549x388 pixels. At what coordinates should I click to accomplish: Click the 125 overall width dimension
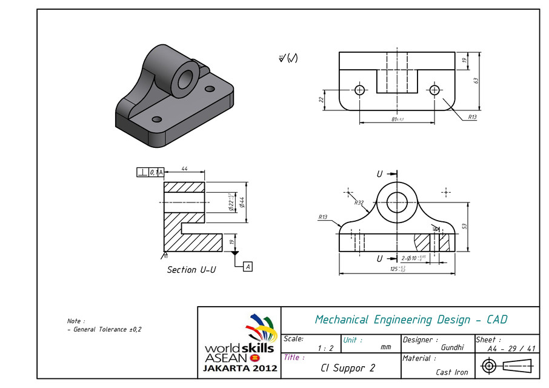397,269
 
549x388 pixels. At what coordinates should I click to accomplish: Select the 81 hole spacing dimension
397,119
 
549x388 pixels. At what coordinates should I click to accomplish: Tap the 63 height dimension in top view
476,80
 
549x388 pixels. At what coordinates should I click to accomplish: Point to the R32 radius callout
359,203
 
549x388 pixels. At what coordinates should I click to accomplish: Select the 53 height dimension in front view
465,226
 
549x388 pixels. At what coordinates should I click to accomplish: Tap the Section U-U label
191,270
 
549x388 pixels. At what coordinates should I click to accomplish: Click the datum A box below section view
248,266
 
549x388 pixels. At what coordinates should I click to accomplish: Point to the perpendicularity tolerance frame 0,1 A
150,172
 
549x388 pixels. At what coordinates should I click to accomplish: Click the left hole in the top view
360,90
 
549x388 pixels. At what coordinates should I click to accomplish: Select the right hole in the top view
434,90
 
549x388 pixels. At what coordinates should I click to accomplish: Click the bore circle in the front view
397,199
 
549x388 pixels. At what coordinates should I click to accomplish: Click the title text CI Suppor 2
348,368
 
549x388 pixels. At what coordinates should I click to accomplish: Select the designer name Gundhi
453,347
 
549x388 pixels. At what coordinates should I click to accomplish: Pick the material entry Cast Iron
452,372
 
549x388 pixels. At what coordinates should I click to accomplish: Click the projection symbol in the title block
506,366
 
